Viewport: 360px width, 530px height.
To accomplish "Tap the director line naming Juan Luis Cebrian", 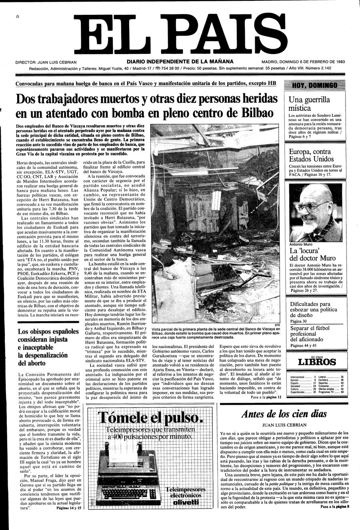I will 46,62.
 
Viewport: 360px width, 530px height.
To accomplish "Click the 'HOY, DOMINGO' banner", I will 315,85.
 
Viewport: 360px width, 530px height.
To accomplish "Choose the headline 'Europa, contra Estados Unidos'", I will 310,155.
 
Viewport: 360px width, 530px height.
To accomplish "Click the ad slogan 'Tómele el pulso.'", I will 150,418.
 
